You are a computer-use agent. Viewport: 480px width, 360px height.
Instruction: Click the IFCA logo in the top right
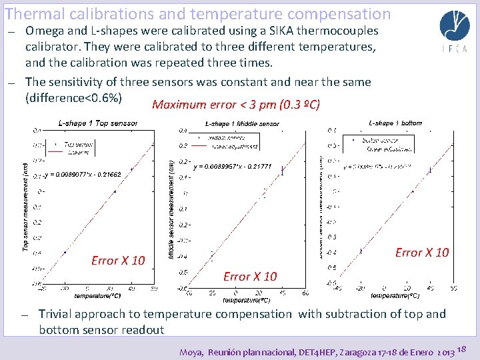pos(454,31)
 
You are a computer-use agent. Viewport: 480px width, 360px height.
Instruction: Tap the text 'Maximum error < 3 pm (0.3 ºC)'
pos(236,105)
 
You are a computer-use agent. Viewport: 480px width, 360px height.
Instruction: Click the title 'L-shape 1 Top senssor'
pos(98,123)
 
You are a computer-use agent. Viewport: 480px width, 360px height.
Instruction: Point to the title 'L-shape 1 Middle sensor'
pos(242,123)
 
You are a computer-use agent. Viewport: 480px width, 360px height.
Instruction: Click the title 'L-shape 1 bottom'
pos(395,123)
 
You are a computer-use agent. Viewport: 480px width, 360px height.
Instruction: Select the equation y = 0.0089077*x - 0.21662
pos(82,175)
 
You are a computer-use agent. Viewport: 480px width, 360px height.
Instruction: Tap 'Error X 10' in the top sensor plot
pos(118,260)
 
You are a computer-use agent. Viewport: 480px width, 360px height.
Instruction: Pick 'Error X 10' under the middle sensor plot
pos(250,276)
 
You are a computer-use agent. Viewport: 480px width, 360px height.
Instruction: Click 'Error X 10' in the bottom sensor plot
pos(422,252)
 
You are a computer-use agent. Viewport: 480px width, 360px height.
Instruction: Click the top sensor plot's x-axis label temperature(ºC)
pos(97,295)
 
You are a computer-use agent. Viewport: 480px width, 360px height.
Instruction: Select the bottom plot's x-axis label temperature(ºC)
pos(395,295)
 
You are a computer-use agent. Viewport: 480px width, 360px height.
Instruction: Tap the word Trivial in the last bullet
pos(57,314)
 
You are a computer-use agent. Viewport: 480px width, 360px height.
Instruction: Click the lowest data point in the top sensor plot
pos(65,252)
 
